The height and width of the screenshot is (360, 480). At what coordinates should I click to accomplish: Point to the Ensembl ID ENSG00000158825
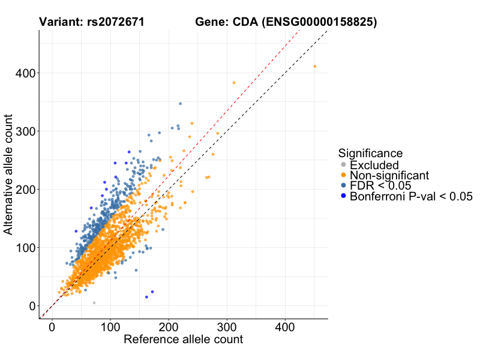(x=320, y=23)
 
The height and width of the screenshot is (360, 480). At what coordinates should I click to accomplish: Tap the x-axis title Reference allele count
(x=183, y=340)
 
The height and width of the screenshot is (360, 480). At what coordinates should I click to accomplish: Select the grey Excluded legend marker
(x=343, y=165)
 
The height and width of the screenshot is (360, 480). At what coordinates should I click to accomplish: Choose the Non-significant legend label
(x=389, y=175)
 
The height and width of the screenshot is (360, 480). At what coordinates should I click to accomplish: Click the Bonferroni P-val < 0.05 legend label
(x=412, y=196)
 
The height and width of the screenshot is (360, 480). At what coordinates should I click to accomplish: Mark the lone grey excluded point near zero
(x=94, y=303)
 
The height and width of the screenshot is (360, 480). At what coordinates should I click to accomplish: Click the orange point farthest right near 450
(x=315, y=67)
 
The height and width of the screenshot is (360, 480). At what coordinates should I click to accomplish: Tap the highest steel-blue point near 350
(x=180, y=104)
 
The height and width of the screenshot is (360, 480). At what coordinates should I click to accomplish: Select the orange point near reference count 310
(x=234, y=83)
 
